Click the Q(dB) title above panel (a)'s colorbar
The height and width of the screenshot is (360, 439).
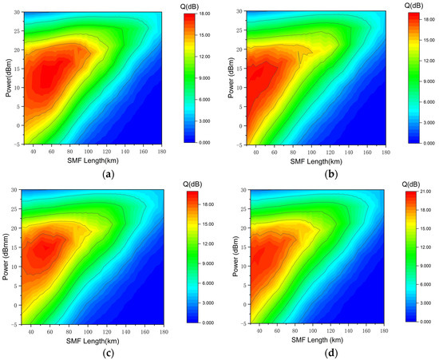(188, 5)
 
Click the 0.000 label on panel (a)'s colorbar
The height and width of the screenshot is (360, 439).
(200, 141)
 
